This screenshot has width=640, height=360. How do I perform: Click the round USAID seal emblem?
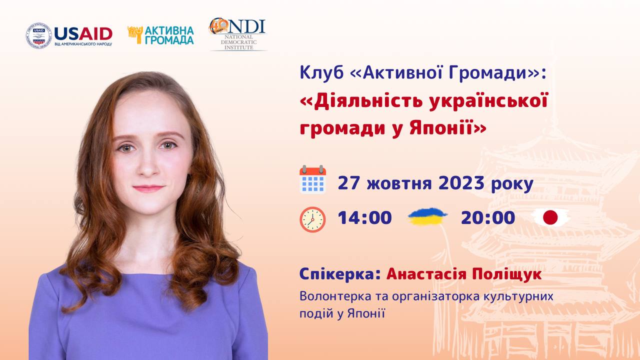38,35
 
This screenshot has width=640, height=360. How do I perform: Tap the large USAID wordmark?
83,33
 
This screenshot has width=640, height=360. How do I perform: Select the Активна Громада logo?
160,35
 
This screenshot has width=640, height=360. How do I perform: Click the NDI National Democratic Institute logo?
237,34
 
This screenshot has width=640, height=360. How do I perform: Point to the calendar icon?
312,179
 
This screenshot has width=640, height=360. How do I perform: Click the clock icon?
312,219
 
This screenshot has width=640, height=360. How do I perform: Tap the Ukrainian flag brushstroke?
427,216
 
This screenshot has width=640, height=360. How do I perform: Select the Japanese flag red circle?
550,217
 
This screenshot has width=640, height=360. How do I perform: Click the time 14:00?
365,217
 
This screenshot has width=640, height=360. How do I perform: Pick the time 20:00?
488,217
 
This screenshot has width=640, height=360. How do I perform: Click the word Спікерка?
340,274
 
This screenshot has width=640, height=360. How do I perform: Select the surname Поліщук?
506,274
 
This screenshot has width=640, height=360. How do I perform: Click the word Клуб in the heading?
321,73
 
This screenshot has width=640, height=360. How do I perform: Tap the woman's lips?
148,188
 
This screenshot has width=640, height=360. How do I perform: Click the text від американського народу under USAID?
83,44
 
